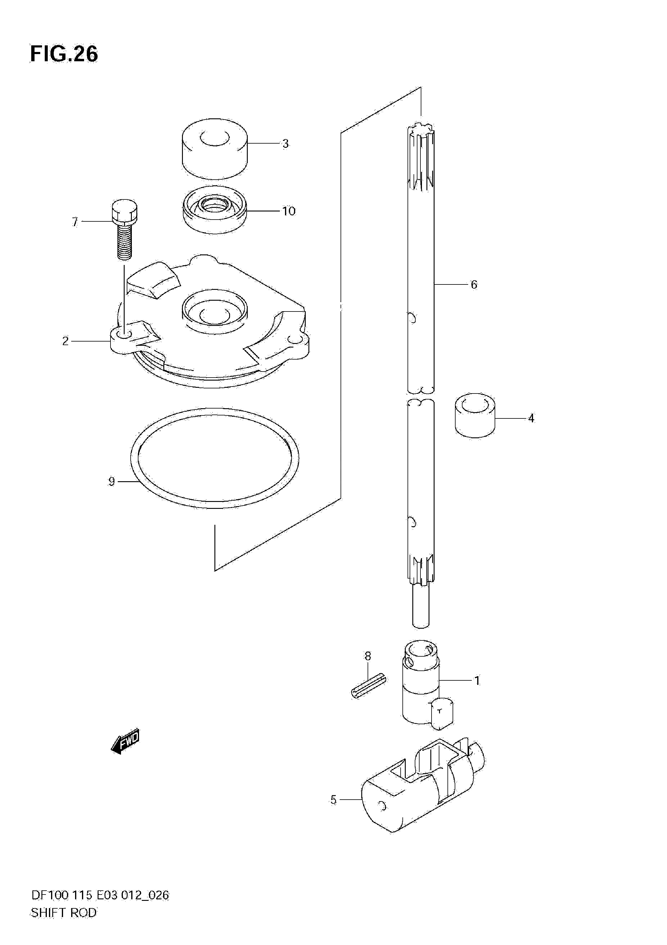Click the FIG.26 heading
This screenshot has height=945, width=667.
point(64,54)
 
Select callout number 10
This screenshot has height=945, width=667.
point(289,211)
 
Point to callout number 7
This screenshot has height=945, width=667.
point(75,222)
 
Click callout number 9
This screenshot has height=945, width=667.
point(111,481)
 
